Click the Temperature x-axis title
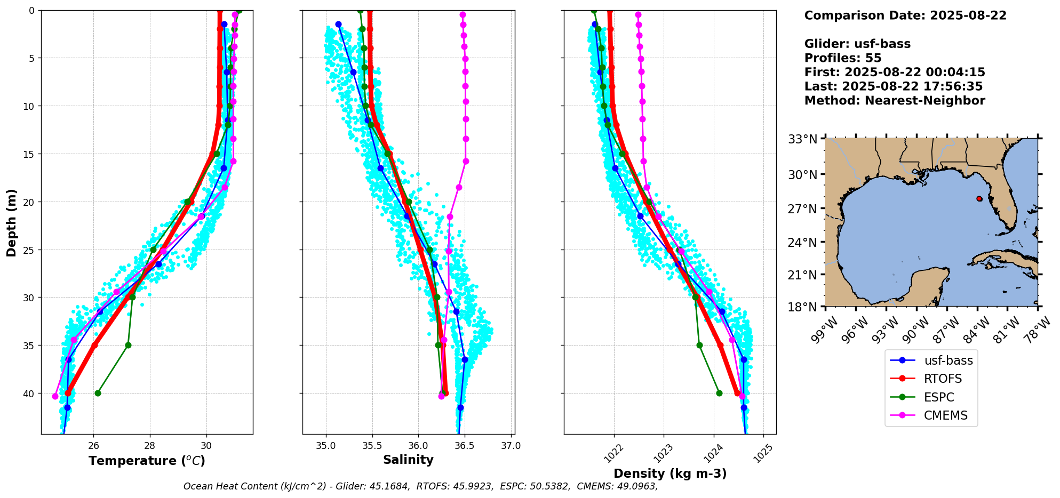tap(147, 461)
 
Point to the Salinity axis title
tap(408, 460)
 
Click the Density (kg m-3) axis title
tap(670, 473)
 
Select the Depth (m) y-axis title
tap(12, 222)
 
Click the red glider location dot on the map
tap(979, 198)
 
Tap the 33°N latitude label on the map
tap(803, 140)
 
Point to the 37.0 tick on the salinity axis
tap(511, 445)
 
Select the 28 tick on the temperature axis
tap(150, 445)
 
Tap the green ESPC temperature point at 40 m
tap(98, 393)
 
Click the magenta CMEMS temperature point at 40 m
tap(55, 396)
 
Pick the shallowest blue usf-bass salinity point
tap(338, 24)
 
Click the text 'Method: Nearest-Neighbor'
tap(895, 101)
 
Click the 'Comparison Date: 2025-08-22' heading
tap(905, 15)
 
